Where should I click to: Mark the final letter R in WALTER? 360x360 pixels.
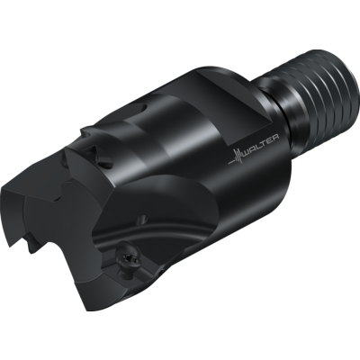pos(275,137)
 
